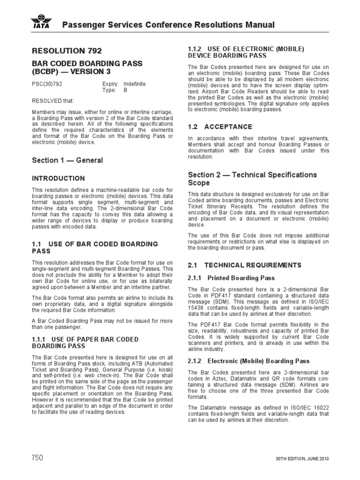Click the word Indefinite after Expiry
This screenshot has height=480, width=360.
pyautogui.click(x=135, y=84)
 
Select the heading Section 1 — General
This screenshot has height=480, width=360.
pyautogui.click(x=67, y=160)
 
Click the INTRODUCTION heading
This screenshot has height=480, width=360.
pyautogui.click(x=58, y=179)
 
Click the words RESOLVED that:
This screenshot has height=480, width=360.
pyautogui.click(x=52, y=100)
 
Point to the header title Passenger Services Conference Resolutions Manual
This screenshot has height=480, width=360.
pyautogui.click(x=169, y=25)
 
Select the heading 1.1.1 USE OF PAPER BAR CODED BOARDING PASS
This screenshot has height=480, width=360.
pyautogui.click(x=85, y=342)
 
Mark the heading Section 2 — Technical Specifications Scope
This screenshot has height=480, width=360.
pyautogui.click(x=252, y=179)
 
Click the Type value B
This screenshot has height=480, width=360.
pyautogui.click(x=125, y=90)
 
